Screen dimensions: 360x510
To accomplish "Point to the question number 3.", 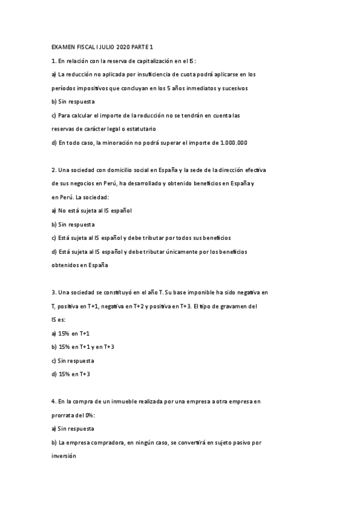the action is (54, 292).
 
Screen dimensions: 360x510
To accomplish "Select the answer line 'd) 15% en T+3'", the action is (73, 374).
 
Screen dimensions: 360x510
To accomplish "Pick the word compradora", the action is (111, 442).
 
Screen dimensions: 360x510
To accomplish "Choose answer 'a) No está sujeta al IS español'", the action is (91, 210).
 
